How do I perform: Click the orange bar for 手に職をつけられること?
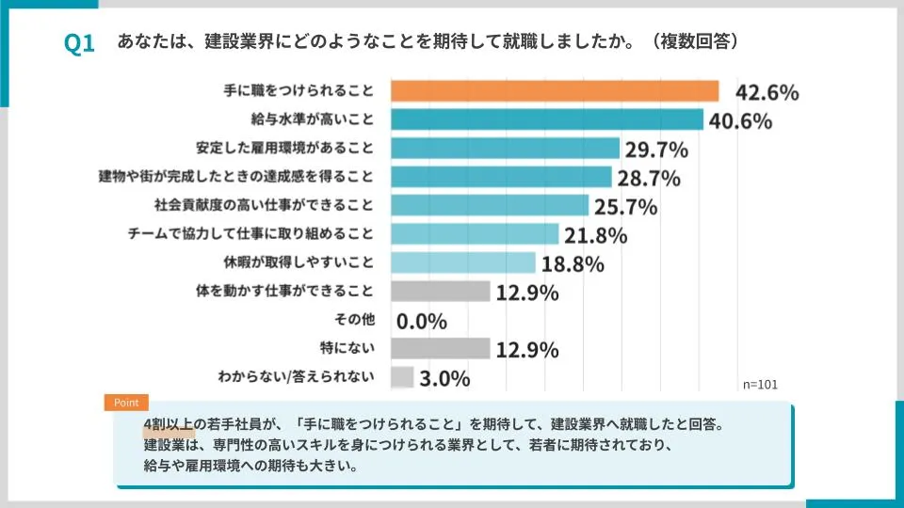(554, 91)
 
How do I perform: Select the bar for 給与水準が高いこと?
(546, 119)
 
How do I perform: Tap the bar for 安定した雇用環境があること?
(504, 149)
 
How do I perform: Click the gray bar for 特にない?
(440, 349)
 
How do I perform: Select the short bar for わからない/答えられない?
(401, 377)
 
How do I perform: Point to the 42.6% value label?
(767, 92)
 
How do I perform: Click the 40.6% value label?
(740, 120)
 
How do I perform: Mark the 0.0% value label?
(421, 322)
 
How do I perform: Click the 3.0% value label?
(444, 378)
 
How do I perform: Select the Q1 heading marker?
(80, 44)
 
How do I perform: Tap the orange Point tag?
(126, 402)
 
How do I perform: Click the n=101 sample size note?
(761, 384)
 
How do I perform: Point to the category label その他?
(356, 320)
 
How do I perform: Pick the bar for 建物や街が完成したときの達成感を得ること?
(499, 177)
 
